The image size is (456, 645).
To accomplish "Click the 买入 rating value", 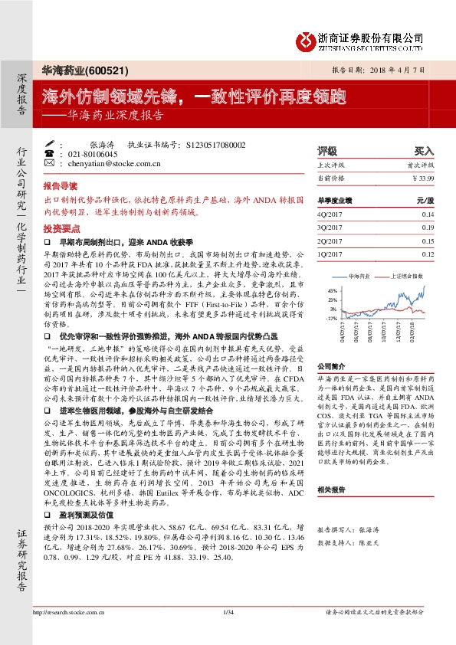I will click(424, 151).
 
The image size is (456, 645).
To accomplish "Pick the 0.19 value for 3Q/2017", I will click(427, 228).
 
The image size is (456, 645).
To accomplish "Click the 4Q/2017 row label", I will click(332, 215).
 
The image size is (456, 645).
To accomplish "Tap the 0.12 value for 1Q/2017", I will click(427, 253).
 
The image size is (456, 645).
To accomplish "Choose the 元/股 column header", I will click(425, 200).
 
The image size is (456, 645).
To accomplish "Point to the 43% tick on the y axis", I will click(332, 291).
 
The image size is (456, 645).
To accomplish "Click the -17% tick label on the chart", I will click(331, 317).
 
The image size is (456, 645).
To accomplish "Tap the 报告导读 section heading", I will click(61, 186).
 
